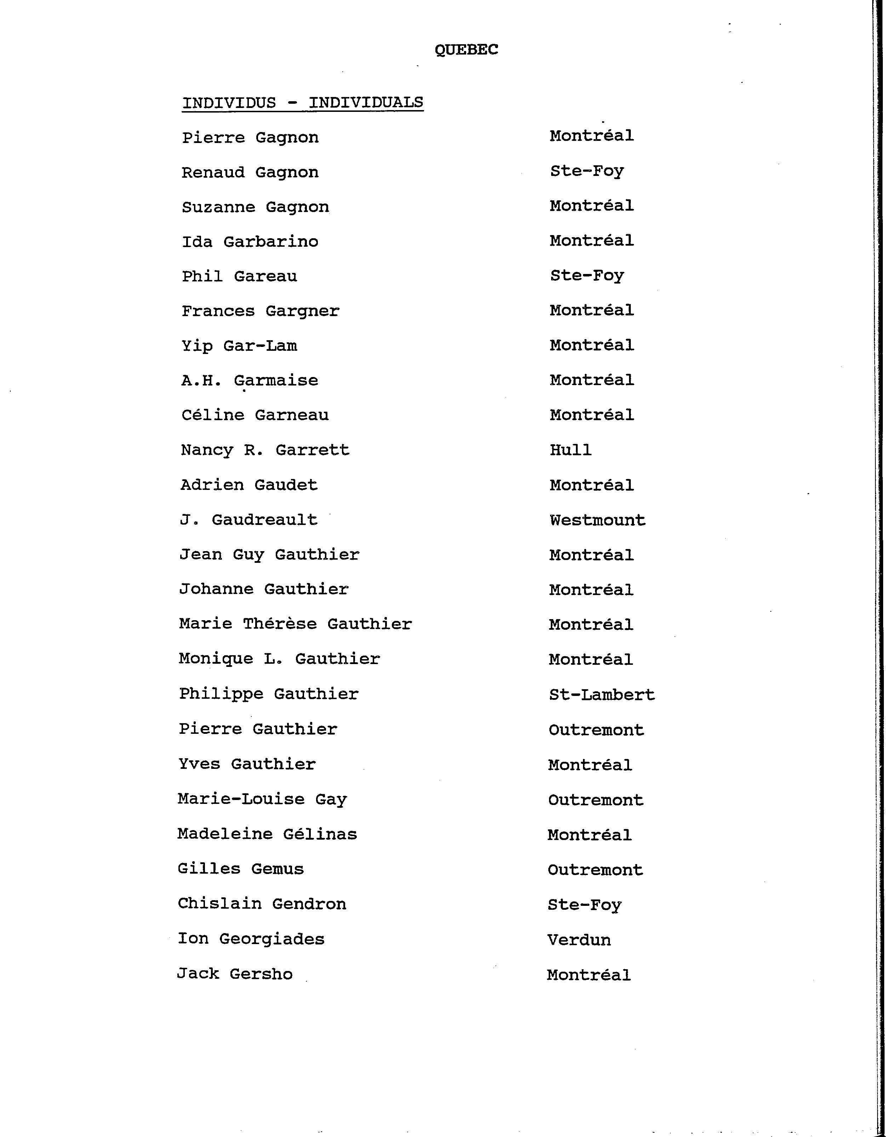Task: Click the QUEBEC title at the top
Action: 467,50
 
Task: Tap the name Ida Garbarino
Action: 250,241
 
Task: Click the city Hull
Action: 571,450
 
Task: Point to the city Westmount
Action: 597,520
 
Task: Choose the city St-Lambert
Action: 602,695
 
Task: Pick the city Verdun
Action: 579,940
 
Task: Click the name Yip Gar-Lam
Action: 239,346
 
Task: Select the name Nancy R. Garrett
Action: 265,450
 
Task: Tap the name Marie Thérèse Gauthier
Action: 295,624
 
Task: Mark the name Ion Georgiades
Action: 251,939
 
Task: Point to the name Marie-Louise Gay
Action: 262,800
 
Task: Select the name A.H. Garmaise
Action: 249,381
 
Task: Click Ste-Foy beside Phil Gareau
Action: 587,275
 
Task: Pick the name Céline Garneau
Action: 255,415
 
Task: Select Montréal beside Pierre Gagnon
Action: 591,136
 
